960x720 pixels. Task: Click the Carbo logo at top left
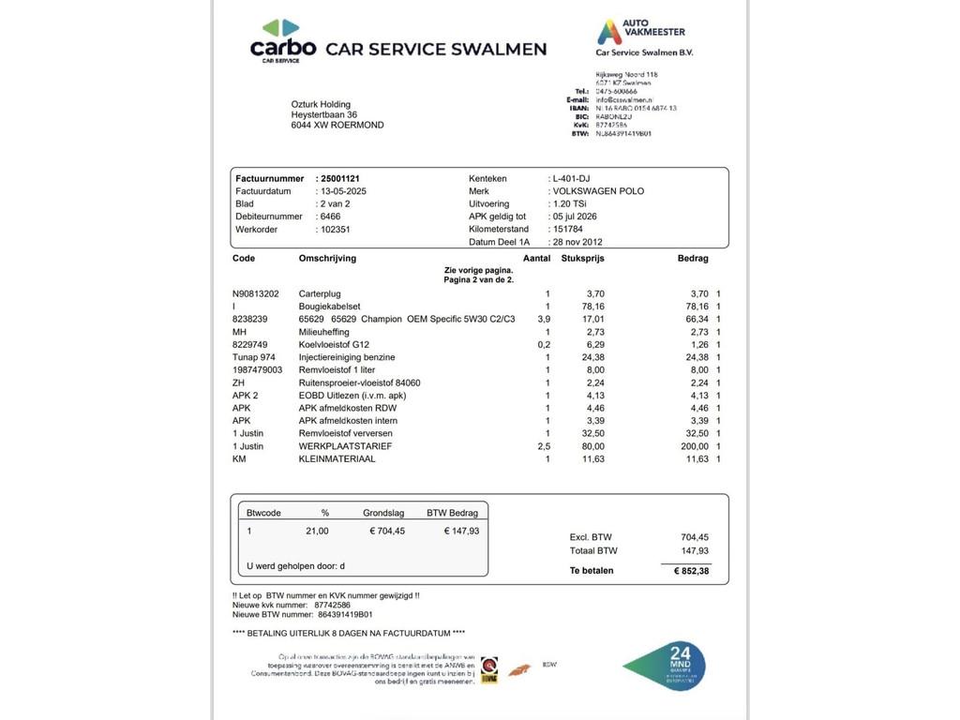[x=282, y=41]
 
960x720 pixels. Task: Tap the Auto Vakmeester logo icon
[x=609, y=32]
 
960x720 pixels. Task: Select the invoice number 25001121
[x=339, y=178]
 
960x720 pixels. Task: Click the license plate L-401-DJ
[x=572, y=178]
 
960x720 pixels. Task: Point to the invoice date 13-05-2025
[x=343, y=191]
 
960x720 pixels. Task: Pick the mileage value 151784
[x=568, y=229]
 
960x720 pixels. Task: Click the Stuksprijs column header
[x=582, y=258]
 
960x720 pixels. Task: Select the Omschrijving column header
[x=327, y=258]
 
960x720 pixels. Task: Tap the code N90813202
[x=256, y=293]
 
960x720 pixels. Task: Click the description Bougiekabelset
[x=329, y=307]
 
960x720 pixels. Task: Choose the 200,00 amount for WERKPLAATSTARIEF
[x=693, y=446]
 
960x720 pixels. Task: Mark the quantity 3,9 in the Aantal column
[x=544, y=319]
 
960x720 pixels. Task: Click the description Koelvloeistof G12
[x=334, y=344]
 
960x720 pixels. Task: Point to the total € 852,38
[x=692, y=571]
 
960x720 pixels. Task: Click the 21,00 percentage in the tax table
[x=317, y=531]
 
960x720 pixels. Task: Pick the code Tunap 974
[x=254, y=357]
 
